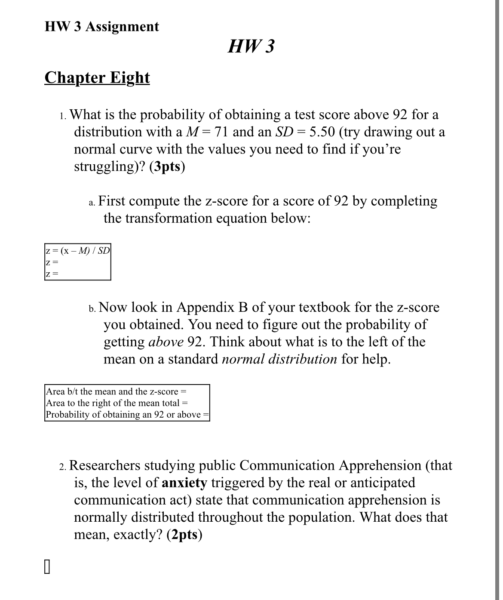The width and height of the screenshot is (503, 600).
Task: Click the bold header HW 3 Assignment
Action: coord(101,27)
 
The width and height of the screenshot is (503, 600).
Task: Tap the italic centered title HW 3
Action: coord(251,46)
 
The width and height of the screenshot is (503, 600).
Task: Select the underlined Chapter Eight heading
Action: coord(97,78)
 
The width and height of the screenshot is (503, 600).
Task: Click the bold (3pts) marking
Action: coord(167,166)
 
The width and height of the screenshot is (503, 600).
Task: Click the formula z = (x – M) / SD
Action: coord(78,250)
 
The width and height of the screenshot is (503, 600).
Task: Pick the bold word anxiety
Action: coord(184,483)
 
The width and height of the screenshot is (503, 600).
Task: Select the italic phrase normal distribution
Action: coord(279,359)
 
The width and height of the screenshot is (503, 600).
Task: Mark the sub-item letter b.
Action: coord(92,308)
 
